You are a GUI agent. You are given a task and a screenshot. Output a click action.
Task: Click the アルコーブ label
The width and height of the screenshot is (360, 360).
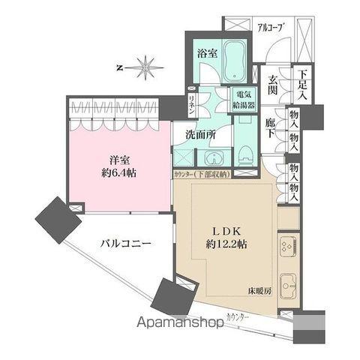tap(269, 28)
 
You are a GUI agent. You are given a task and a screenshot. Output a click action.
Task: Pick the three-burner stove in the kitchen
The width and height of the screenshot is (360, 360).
tap(286, 247)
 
